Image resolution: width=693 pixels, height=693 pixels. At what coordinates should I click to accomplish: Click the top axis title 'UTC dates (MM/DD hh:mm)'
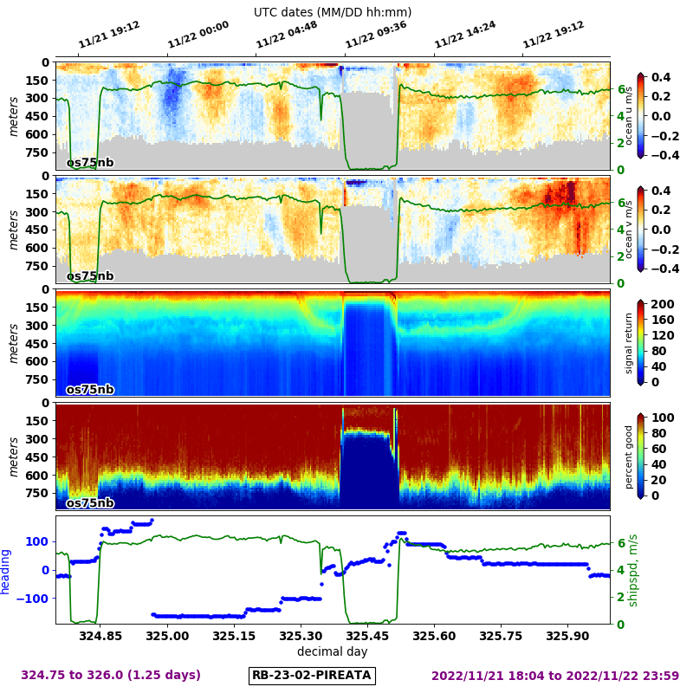point(333,12)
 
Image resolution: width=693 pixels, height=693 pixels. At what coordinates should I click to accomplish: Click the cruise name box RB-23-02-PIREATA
point(312,675)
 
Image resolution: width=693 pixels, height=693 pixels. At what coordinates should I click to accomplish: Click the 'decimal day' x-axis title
point(332,651)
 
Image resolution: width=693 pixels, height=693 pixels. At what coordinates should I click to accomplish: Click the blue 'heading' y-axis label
point(6,571)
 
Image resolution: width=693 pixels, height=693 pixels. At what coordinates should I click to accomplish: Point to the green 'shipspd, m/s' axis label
point(632,570)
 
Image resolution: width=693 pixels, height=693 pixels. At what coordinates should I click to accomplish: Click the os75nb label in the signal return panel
point(90,390)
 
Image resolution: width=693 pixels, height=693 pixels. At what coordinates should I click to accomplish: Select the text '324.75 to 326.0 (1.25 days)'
point(111,675)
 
